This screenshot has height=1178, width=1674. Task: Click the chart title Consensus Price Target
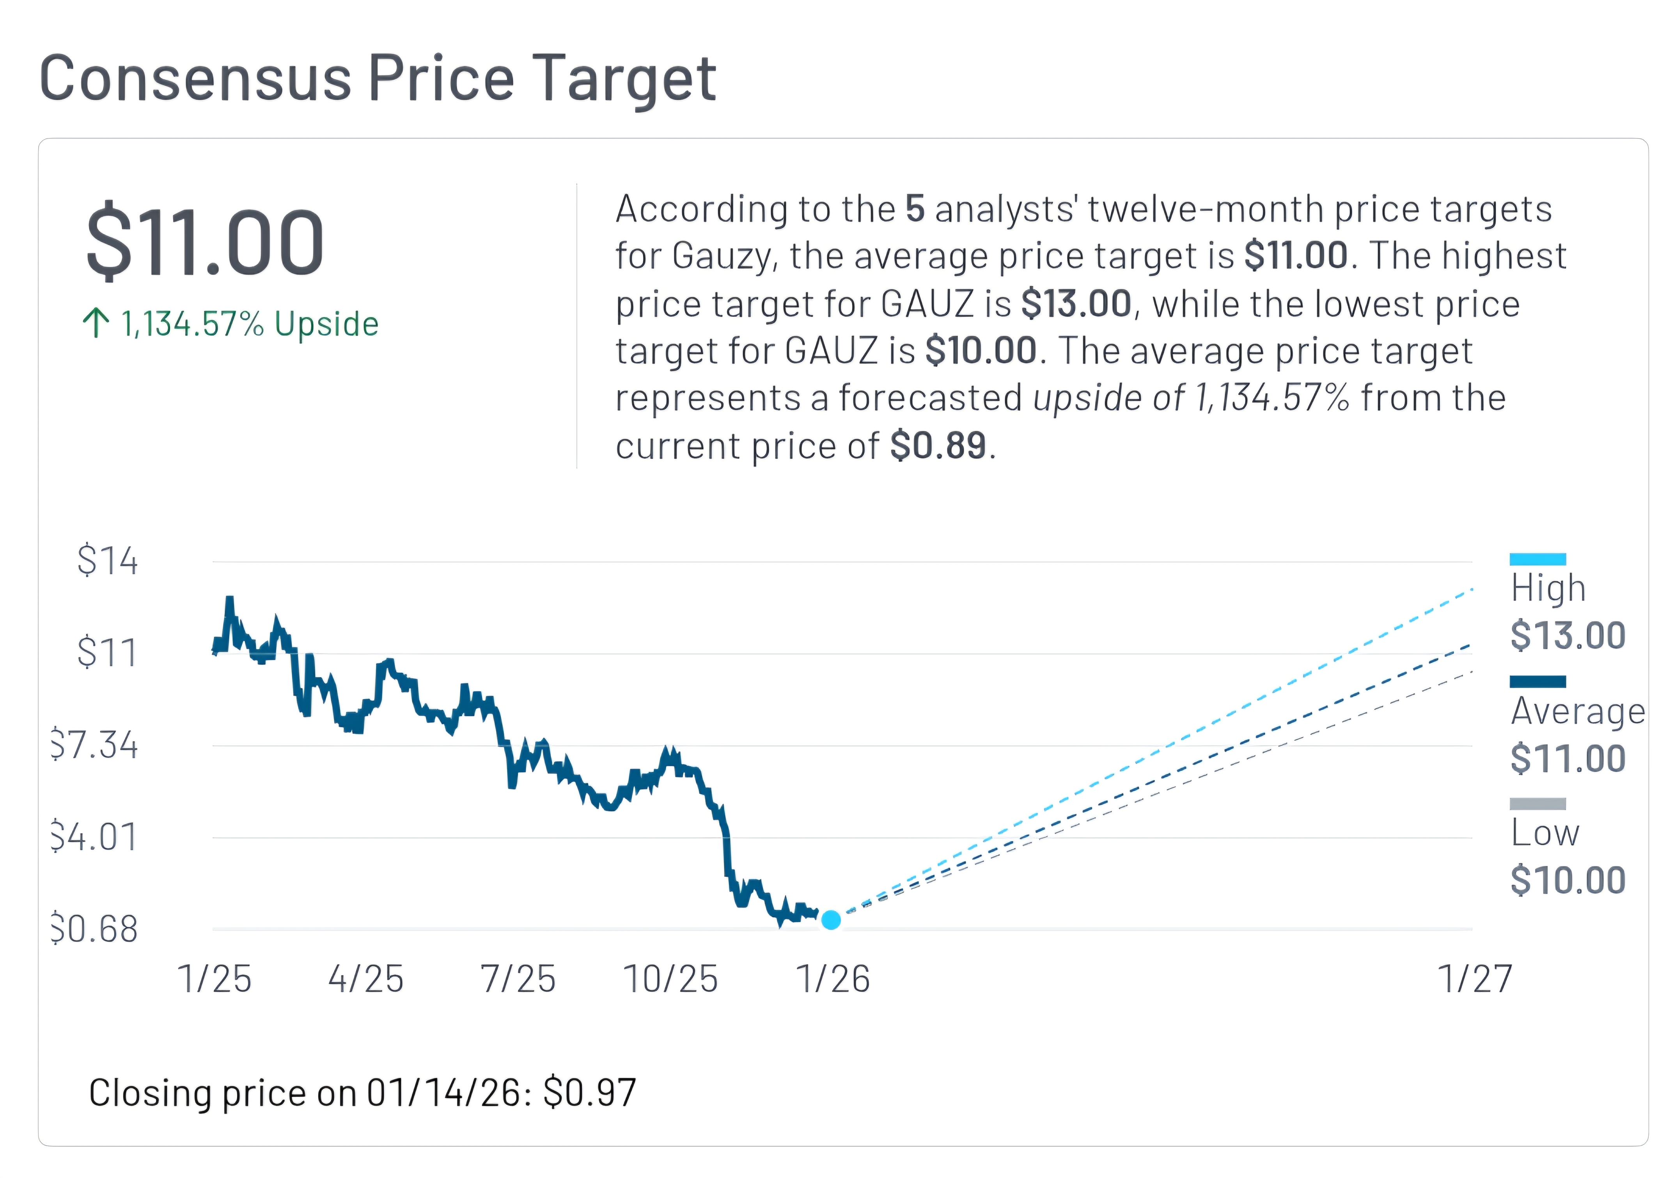(378, 79)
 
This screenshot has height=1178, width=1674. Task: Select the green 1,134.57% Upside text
(249, 324)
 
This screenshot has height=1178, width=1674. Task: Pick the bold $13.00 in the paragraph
(1076, 304)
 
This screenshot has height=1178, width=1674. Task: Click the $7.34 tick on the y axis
(95, 745)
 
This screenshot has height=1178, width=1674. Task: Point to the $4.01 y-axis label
(95, 837)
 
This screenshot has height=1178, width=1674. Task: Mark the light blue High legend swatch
(1537, 559)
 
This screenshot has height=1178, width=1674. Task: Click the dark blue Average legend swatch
(1537, 681)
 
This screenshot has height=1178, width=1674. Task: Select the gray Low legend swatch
(1537, 803)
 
